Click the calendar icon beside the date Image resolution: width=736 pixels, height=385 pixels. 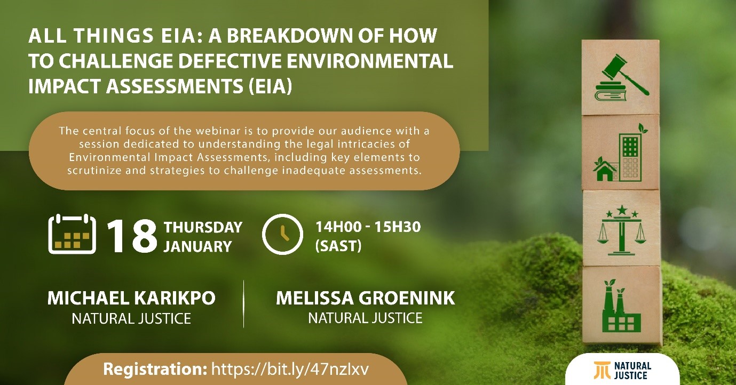coord(72,234)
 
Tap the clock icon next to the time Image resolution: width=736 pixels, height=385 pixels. coord(282,234)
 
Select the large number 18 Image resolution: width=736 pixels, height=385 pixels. coord(132,236)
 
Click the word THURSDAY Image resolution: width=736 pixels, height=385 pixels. coord(203,228)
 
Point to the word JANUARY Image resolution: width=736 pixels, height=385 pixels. coord(198,246)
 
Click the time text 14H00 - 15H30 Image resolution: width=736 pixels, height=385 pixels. coord(368,227)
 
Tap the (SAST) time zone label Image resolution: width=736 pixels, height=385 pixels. coord(338,246)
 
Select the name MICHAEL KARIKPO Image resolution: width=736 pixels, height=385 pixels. coord(131,298)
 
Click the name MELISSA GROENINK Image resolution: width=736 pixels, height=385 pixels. coord(366,298)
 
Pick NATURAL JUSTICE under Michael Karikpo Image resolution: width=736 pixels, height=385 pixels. coord(131,318)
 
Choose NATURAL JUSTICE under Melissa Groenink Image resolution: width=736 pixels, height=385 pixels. coord(366,318)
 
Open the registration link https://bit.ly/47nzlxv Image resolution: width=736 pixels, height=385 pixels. coord(290,369)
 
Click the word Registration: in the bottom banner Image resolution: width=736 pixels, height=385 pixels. coord(155,369)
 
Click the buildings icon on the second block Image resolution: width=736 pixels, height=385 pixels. coord(620,153)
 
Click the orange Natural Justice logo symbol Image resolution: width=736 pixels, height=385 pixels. coord(602,370)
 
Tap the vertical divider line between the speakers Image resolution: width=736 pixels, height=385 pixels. coord(244,304)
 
